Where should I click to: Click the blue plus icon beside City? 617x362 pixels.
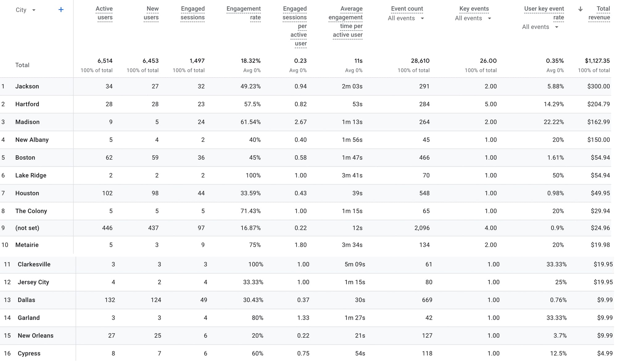61,10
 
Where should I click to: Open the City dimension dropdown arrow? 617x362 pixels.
34,10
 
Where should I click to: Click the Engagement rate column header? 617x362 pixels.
243,13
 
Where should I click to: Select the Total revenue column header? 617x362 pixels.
599,13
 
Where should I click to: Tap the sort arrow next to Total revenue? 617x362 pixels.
580,9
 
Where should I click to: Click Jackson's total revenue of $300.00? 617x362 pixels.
598,86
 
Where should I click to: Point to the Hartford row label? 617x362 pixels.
27,104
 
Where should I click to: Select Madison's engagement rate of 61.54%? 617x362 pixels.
250,122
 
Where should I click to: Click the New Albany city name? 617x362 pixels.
32,140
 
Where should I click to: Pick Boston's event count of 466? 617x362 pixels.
424,158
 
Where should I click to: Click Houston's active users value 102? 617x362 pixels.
107,193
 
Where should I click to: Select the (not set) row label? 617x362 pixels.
27,228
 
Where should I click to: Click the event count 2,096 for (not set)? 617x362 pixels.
422,228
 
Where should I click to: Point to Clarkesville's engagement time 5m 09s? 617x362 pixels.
354,264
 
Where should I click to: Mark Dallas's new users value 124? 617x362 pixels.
156,300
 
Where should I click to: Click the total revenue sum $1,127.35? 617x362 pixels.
597,61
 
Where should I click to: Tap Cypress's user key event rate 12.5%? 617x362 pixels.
558,353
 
